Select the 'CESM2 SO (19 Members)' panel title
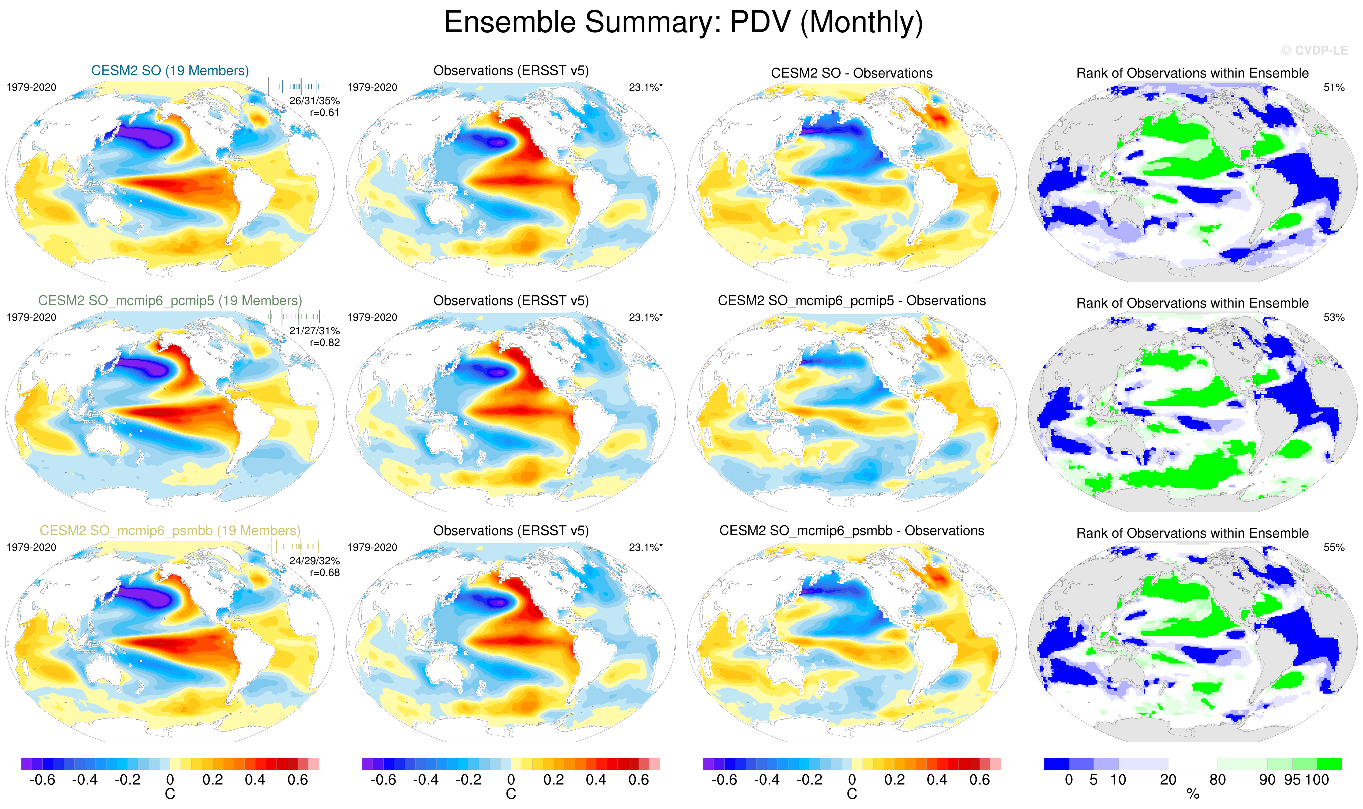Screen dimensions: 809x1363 coord(170,71)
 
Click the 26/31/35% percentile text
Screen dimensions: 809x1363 coord(314,101)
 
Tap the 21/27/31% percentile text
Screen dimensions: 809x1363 coord(314,331)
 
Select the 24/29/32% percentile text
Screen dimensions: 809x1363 coord(314,561)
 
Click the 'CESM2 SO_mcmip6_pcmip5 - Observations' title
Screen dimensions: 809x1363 coord(851,301)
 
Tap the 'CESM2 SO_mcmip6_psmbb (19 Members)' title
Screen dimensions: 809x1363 coord(170,531)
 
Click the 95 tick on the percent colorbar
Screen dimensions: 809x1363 coord(1292,780)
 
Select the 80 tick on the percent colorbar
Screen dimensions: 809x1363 coord(1218,780)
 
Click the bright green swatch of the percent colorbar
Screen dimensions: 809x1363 coord(1329,764)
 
